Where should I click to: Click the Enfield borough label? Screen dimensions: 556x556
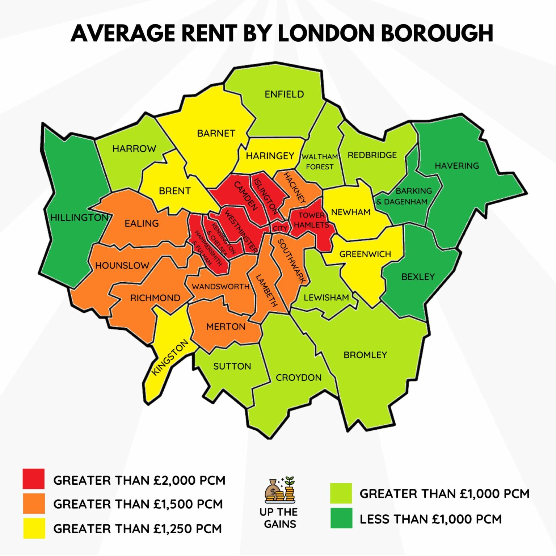click(284, 94)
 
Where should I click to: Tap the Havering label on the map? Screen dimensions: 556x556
click(456, 166)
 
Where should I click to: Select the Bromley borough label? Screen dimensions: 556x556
click(365, 355)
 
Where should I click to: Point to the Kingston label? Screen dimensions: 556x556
click(169, 357)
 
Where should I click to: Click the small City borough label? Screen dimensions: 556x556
click(279, 228)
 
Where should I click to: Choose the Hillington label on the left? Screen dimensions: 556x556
click(79, 218)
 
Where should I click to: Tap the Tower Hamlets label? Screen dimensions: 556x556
click(311, 220)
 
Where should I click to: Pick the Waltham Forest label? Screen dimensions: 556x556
click(320, 162)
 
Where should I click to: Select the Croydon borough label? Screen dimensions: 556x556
click(299, 378)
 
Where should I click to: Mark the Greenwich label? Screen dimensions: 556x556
click(365, 254)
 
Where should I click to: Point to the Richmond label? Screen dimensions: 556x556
click(155, 298)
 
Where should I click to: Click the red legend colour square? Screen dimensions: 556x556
click(34, 479)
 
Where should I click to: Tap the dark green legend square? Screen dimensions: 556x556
click(341, 518)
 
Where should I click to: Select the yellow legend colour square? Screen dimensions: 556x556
click(34, 528)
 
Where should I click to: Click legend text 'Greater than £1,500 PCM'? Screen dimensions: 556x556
click(138, 504)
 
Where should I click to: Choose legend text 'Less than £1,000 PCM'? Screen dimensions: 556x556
click(430, 519)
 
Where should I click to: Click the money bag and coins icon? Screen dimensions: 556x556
click(280, 490)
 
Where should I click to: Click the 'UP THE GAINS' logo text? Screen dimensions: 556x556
click(279, 518)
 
